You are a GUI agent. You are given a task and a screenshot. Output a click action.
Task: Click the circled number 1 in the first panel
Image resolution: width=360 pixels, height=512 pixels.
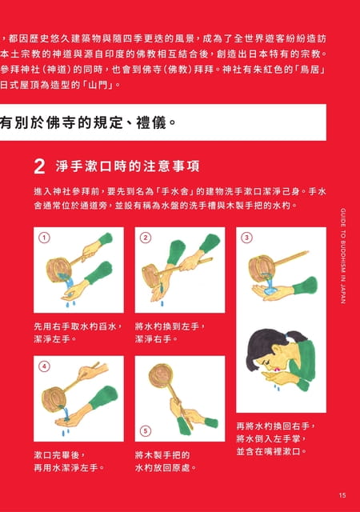coord(45,238)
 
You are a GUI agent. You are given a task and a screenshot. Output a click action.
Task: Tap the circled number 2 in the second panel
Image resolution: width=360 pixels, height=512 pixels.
coord(146,238)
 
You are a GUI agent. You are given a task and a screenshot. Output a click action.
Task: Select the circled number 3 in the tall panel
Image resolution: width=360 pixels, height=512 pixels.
coord(247,238)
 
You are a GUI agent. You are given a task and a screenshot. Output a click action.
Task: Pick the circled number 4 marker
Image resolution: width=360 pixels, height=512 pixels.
coord(45,366)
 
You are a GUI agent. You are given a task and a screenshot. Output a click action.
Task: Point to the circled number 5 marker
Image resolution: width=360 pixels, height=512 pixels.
coord(146,431)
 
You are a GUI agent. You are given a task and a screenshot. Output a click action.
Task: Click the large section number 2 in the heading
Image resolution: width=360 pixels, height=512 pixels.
coord(39,166)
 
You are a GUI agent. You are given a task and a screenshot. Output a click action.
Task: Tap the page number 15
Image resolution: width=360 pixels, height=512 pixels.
coord(342,495)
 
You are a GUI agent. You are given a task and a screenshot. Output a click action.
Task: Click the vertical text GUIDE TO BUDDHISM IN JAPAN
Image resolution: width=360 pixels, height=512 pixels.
coord(343,256)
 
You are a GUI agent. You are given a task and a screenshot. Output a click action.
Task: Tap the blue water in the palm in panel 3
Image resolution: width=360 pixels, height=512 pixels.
coord(270,290)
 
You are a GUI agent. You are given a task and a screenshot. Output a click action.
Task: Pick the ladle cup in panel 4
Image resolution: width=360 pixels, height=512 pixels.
coord(54,398)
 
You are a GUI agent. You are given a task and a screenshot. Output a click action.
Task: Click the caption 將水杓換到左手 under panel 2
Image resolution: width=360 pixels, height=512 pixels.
coord(170,326)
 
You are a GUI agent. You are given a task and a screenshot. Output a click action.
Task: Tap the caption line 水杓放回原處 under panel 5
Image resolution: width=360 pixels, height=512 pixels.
coord(166,467)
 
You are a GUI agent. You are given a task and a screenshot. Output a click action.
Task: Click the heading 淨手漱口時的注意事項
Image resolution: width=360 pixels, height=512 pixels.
coord(127,166)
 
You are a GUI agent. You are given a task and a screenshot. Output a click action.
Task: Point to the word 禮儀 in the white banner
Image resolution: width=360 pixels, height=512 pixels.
coord(151,122)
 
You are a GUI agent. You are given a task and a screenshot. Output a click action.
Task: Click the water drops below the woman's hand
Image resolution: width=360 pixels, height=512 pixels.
coord(277,387)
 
